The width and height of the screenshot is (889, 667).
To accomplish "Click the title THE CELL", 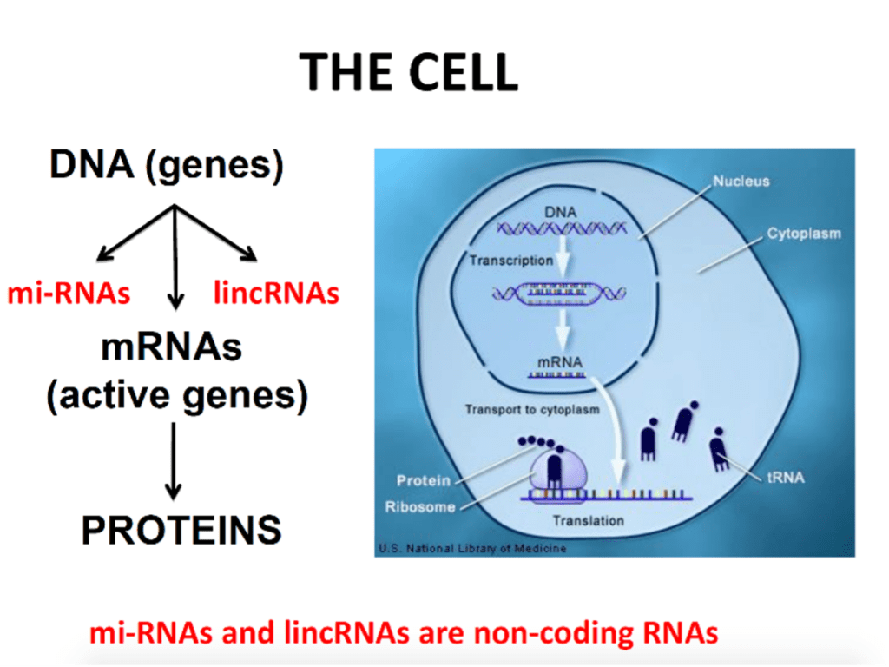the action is point(408,72).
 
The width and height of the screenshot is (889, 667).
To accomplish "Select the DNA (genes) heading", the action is point(167,165).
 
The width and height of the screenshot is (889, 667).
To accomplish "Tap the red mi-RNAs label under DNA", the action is point(69,294).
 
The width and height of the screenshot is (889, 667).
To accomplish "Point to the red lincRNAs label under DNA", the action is point(276,293).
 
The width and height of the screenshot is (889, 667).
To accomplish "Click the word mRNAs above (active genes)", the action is point(171,347).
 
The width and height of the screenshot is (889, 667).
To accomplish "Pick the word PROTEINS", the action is point(181,530).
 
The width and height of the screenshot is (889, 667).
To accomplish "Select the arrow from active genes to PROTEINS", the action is point(174,461).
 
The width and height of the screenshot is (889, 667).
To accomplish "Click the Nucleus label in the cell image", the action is point(741,181).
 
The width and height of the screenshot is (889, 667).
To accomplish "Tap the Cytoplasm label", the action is point(804,234).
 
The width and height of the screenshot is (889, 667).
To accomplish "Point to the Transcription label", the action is point(510,261).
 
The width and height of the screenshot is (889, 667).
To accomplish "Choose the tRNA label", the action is point(785,478).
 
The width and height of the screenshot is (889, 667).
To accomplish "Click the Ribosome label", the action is point(420,506).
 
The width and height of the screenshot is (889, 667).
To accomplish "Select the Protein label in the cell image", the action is point(424,480).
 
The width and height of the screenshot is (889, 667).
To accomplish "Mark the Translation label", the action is point(588,521).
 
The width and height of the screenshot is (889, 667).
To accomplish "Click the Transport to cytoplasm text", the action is point(532,410).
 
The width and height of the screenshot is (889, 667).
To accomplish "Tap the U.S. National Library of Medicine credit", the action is point(472,549).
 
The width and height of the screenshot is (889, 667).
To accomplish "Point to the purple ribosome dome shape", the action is point(558,471).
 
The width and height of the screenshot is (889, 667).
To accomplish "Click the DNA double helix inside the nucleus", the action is point(562,228).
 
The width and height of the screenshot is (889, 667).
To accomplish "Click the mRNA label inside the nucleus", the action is point(560,362).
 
